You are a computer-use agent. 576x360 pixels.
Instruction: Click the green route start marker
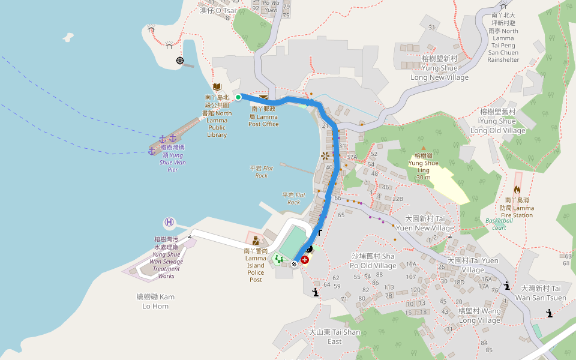(x=238, y=97)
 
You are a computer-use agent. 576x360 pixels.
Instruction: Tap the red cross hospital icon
(x=305, y=260)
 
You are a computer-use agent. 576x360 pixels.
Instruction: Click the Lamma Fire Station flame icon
(x=517, y=189)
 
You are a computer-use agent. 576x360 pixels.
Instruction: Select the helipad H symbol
(x=170, y=223)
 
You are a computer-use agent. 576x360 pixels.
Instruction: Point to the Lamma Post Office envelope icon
(x=263, y=98)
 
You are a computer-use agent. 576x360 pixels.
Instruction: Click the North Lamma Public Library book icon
(x=217, y=87)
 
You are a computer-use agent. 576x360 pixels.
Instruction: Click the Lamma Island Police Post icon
(x=256, y=241)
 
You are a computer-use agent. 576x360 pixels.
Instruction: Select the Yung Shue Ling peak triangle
(x=423, y=148)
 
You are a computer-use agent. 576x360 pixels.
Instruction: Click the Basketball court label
(x=496, y=224)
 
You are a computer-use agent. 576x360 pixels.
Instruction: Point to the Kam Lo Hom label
(x=155, y=301)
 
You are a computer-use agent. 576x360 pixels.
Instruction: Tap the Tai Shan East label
(x=335, y=337)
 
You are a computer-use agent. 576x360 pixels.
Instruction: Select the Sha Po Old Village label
(x=373, y=261)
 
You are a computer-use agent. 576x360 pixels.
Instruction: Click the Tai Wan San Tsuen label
(x=540, y=293)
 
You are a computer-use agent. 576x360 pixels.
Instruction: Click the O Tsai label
(x=218, y=10)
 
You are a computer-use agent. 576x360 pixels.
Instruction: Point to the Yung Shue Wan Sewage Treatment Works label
(x=166, y=257)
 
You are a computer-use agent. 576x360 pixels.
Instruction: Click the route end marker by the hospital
(x=294, y=263)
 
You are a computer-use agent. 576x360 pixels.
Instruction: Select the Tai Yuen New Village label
(x=430, y=224)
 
